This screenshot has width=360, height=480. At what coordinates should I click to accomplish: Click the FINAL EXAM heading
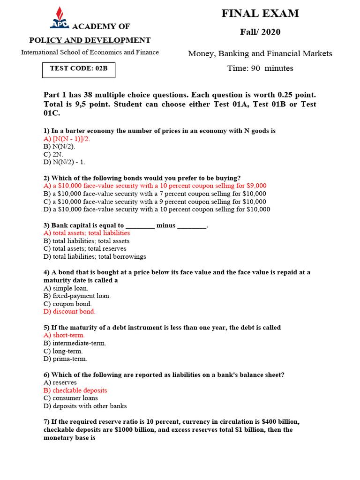pos(260,14)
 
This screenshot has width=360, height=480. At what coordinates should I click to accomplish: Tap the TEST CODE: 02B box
pos(78,69)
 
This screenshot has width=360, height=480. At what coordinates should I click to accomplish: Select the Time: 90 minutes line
pos(260,68)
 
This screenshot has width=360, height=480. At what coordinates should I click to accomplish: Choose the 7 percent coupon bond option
pos(155,194)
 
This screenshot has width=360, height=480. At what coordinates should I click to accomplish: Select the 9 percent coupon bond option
pos(155,202)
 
